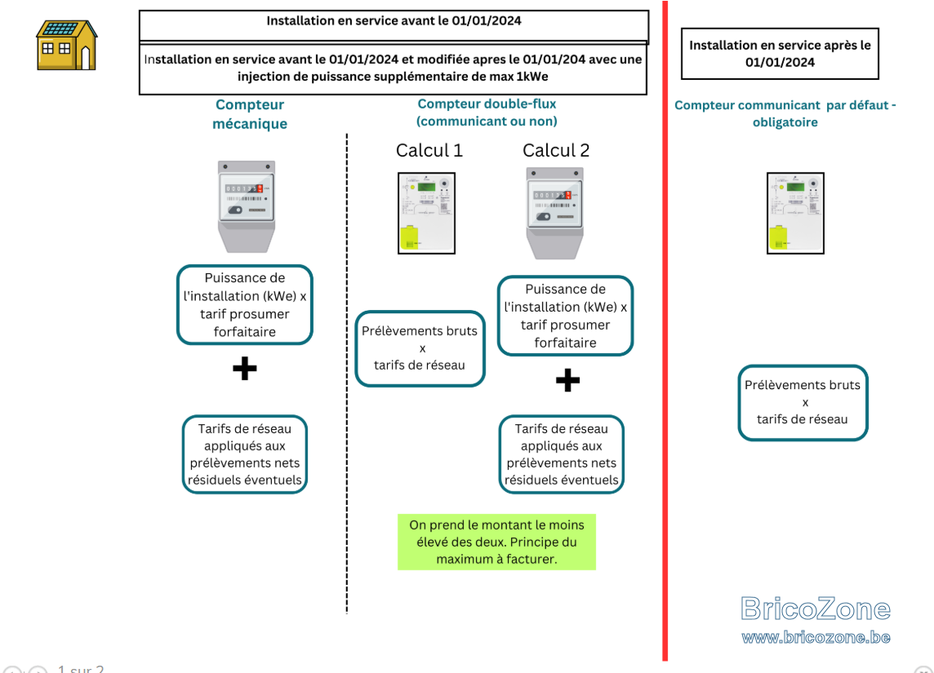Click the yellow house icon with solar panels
67,45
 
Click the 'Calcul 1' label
429,151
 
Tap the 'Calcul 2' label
556,151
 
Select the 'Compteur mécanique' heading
250,113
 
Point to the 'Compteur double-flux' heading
487,104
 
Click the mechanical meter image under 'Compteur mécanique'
246,206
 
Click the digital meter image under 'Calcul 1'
426,213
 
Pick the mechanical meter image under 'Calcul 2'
554,213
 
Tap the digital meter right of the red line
795,213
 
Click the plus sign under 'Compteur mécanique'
245,369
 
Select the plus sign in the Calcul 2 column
567,380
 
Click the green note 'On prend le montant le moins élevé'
496,542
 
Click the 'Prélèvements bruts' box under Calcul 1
420,348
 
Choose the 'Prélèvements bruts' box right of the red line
803,402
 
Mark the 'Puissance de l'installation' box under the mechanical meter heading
245,304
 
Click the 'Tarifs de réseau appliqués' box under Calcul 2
562,454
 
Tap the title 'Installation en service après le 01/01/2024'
780,54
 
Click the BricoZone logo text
816,609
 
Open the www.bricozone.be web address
816,637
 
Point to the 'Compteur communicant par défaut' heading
785,113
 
